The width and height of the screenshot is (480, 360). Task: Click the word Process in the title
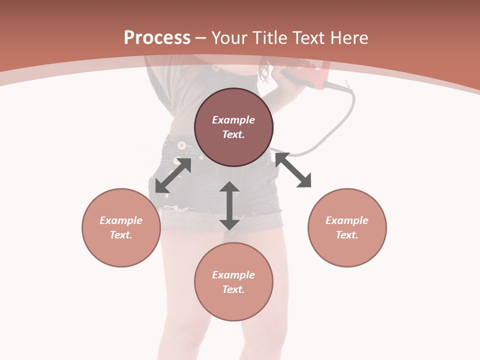[157, 38]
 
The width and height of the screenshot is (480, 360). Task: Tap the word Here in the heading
[349, 38]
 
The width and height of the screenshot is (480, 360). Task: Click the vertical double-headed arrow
[229, 205]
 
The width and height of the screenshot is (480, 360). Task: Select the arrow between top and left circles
[173, 175]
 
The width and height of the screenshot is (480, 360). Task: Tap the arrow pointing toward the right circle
[293, 170]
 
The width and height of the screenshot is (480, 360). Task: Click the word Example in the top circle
[233, 120]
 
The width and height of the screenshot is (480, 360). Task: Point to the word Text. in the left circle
[121, 235]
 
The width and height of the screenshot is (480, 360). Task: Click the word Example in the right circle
[347, 220]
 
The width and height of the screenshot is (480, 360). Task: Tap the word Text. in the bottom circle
[233, 289]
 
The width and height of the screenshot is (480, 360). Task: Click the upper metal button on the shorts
[181, 145]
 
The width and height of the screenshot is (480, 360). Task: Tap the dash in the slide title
[200, 38]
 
